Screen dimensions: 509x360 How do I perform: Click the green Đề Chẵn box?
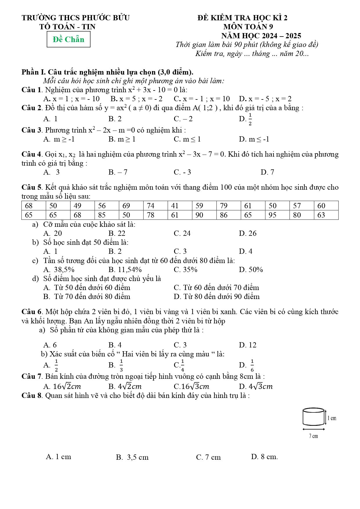[68, 39]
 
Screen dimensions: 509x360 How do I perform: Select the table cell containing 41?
[180, 206]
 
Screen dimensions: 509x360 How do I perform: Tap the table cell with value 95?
[277, 215]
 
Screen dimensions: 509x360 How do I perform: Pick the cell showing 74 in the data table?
[155, 206]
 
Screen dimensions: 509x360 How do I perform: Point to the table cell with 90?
[204, 215]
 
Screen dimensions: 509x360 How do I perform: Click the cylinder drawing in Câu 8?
[313, 416]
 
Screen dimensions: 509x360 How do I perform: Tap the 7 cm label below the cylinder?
[313, 436]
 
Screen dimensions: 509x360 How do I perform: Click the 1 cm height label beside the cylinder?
[332, 418]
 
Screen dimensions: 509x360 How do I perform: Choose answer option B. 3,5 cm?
[132, 457]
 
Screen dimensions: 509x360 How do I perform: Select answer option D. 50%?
[251, 269]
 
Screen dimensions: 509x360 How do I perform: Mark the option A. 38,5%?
[59, 269]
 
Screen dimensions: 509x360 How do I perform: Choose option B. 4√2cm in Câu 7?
[125, 386]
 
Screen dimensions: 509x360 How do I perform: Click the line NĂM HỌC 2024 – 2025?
[261, 36]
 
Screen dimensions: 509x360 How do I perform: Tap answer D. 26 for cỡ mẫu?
[247, 233]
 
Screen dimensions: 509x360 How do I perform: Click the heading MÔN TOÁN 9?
[248, 27]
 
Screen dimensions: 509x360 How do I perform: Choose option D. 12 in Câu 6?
[247, 345]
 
